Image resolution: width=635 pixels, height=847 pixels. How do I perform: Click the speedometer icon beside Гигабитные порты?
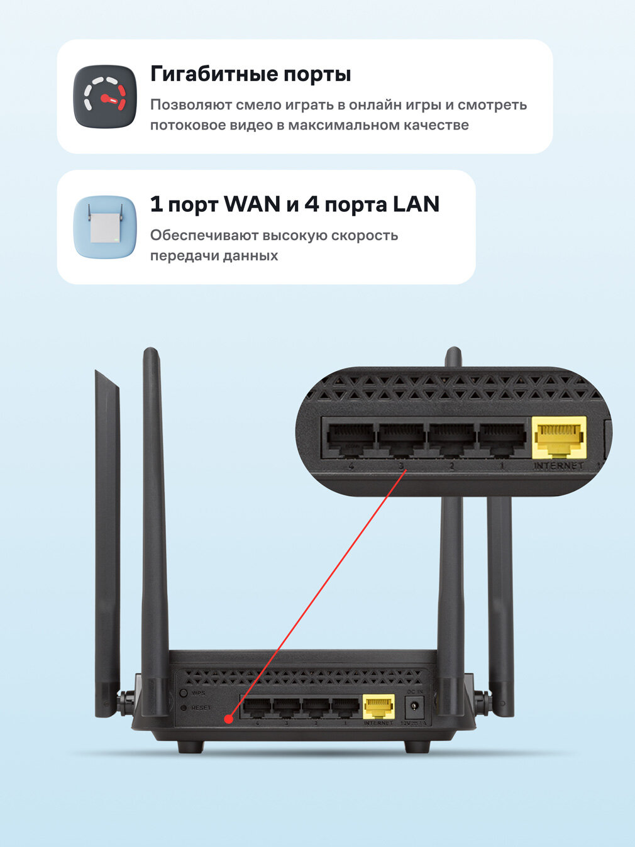[x=105, y=97]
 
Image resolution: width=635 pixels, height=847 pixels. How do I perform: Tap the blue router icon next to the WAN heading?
[x=105, y=227]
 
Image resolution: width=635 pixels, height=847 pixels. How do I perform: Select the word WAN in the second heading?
[x=252, y=204]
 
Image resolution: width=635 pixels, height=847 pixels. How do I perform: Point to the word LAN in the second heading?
[x=416, y=204]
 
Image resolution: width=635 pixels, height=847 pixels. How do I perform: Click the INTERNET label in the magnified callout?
[x=558, y=466]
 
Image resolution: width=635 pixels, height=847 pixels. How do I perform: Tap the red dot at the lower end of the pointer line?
[x=229, y=718]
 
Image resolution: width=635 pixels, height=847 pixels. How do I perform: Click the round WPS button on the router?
[x=184, y=693]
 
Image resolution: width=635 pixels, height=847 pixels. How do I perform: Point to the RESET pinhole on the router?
[x=184, y=708]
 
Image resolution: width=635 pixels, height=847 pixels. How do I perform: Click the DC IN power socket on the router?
[x=414, y=708]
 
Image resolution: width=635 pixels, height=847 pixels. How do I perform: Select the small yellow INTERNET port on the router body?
[x=378, y=707]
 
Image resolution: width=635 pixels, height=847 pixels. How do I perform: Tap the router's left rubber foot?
[x=190, y=746]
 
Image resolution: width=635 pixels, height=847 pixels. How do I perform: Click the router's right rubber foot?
[x=417, y=746]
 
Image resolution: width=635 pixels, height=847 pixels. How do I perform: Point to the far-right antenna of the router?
[x=500, y=604]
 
